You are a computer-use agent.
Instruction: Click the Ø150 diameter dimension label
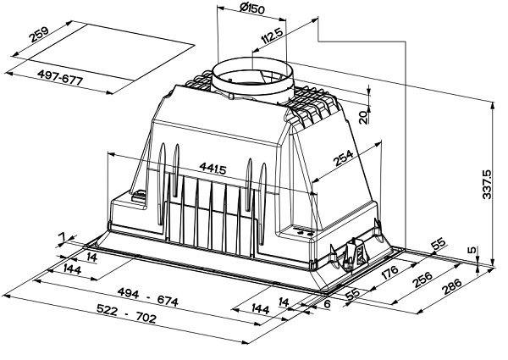[251, 8]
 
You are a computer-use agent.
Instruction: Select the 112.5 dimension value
[273, 36]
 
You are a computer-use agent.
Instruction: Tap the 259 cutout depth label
[39, 35]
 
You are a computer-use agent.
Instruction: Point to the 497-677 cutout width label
[60, 78]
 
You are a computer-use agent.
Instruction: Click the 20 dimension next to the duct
[364, 117]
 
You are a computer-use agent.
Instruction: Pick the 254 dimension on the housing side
[343, 158]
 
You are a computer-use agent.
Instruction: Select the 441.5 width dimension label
[213, 169]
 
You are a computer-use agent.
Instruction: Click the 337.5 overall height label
[487, 184]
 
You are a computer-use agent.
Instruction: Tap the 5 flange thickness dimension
[472, 250]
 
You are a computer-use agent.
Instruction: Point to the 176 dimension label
[389, 273]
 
